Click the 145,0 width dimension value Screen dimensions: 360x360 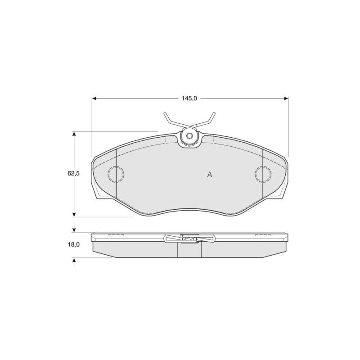pos(189,99)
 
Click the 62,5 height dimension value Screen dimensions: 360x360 pos(73,174)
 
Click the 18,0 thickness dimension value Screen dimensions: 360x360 pos(73,245)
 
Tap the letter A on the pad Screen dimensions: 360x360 pos(210,175)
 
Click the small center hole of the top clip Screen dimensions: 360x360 pos(189,136)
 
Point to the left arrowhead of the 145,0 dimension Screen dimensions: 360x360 pos(94,99)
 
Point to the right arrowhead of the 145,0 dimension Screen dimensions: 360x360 pos(286,99)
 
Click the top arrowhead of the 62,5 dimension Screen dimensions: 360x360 pos(74,134)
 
